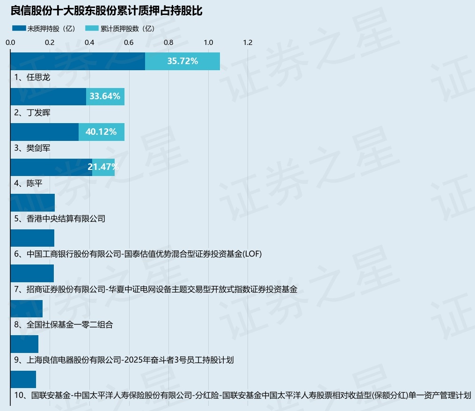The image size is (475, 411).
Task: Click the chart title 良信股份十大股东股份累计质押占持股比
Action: tap(106, 11)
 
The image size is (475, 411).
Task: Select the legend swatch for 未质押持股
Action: tap(19, 28)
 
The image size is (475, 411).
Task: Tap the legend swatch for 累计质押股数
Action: tap(92, 28)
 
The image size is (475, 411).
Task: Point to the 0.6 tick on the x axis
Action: tap(129, 43)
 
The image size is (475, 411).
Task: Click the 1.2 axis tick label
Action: tap(248, 43)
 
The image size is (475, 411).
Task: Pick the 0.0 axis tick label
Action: tap(10, 43)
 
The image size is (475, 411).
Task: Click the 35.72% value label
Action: tap(183, 61)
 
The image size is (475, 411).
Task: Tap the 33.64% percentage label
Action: tap(105, 96)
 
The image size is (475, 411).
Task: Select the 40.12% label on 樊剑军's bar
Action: tap(101, 132)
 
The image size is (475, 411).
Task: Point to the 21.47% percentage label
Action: tap(103, 167)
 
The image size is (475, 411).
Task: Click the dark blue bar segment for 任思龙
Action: tap(78, 61)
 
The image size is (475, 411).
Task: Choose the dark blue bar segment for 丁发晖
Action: tap(49, 97)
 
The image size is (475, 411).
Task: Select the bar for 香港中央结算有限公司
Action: tap(33, 203)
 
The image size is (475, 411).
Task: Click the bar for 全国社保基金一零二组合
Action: tap(27, 309)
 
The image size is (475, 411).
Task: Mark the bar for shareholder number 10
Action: tap(23, 380)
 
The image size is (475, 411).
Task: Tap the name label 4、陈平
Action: tap(28, 183)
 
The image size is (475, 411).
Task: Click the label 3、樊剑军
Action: tap(32, 148)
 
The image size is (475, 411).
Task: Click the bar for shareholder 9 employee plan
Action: tap(24, 344)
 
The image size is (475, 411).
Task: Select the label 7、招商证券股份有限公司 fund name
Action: tap(156, 289)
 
